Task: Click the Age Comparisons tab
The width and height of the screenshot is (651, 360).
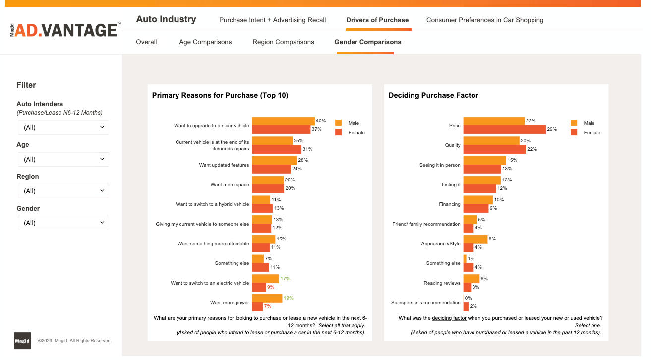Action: click(205, 42)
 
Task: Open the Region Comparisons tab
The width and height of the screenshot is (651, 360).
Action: click(283, 42)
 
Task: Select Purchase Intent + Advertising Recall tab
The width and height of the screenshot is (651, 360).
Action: click(273, 20)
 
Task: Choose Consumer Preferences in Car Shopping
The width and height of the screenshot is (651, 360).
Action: click(485, 20)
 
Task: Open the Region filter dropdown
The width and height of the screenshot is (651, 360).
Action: click(63, 191)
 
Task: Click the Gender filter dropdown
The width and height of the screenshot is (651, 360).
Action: click(63, 223)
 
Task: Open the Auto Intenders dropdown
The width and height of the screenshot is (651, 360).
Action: click(63, 127)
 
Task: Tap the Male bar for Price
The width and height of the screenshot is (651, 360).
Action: click(494, 121)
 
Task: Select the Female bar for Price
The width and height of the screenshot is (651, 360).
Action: click(504, 129)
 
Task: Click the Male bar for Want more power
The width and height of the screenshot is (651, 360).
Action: click(267, 298)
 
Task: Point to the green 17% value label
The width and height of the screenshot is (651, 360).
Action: click(285, 279)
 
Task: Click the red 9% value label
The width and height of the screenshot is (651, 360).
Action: click(271, 287)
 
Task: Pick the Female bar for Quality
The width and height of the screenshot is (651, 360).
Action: click(494, 149)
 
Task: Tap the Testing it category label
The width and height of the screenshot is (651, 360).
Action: click(451, 185)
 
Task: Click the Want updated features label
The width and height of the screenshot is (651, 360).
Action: click(224, 165)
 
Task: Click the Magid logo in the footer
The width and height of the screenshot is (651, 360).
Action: click(22, 341)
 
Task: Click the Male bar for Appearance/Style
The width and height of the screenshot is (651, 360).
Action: click(475, 239)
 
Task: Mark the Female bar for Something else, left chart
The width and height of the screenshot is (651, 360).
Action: click(260, 267)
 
